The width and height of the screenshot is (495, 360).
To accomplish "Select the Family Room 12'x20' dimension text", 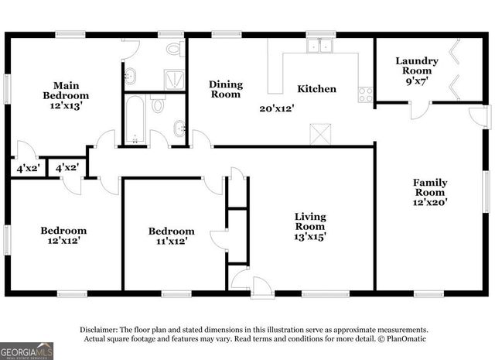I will click(430, 202).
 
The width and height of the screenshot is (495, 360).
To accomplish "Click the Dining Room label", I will click(226, 89).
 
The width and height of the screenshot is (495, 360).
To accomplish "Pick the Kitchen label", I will click(317, 89).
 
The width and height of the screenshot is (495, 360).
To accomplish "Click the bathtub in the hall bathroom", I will click(135, 120).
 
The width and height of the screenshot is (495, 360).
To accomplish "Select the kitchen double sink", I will click(319, 46).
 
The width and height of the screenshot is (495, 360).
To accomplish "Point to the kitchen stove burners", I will click(365, 95).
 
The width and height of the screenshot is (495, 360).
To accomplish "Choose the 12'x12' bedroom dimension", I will click(63, 242).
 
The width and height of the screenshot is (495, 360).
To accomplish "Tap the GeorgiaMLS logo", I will click(27, 351).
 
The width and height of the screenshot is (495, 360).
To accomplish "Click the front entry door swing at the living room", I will click(261, 284).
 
